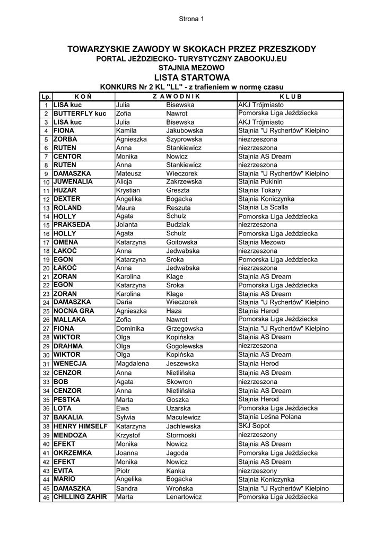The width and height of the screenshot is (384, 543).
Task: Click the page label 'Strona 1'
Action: pos(191,19)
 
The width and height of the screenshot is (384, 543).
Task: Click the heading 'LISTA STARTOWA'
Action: pos(191,77)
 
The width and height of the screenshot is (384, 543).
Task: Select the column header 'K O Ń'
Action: pos(83,97)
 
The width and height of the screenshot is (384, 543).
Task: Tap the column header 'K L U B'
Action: pos(290,97)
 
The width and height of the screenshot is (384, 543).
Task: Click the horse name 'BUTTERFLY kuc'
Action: pos(80,113)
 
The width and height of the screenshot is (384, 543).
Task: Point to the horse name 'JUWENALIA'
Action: pos(73,181)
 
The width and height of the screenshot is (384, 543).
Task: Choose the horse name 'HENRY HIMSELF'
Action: pos(81,426)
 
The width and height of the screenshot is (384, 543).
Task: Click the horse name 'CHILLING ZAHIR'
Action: pos(80,497)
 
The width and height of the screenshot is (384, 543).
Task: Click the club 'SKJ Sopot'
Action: pos(254,426)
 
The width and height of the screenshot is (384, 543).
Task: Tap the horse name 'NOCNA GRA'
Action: pos(74,311)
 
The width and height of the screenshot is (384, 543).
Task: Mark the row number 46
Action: pos(46,497)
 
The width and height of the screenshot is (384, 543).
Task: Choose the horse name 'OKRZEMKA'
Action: pos(73,453)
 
